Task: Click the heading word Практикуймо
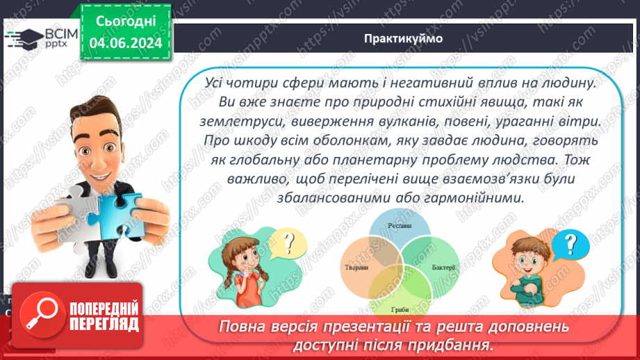tap(402, 38)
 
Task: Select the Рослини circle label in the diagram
tap(400, 227)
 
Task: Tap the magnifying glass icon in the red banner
tap(38, 315)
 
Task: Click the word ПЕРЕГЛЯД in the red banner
tap(104, 324)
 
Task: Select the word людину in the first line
tap(565, 82)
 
